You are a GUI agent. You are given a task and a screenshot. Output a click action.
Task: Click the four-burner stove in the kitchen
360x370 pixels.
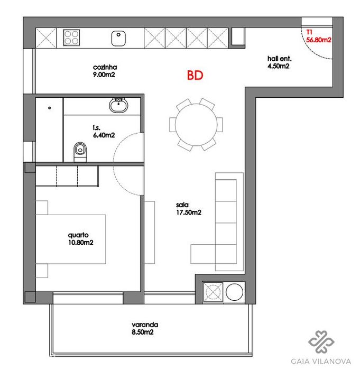click(71, 38)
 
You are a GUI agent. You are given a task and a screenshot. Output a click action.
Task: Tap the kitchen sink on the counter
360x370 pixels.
click(118, 38)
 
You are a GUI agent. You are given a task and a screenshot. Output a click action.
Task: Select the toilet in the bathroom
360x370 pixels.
click(80, 152)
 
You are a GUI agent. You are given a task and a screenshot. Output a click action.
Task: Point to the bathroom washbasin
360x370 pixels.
click(118, 105)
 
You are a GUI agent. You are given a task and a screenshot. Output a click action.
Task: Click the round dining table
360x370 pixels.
click(196, 125)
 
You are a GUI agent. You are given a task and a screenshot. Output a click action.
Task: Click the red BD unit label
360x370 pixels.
click(195, 75)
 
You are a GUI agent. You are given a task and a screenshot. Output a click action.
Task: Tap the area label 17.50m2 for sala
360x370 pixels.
click(189, 212)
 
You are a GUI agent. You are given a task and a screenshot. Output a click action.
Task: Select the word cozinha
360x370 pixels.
click(105, 67)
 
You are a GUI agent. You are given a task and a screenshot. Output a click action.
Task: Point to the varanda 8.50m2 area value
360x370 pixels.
click(143, 332)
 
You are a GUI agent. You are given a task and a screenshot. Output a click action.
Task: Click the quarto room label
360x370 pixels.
click(78, 235)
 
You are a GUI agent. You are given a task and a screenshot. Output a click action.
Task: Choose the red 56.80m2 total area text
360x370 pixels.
click(319, 40)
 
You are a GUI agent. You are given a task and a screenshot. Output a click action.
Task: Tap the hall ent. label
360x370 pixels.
click(279, 59)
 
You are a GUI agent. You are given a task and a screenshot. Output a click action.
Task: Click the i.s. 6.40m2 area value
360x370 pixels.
click(104, 135)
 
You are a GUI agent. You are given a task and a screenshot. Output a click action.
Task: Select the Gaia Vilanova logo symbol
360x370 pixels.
click(321, 341)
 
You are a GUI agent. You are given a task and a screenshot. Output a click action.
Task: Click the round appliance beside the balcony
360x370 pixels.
click(234, 292)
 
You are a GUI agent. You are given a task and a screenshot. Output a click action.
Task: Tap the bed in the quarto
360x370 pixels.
click(71, 239)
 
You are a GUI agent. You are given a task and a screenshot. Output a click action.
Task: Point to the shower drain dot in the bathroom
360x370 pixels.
click(49, 108)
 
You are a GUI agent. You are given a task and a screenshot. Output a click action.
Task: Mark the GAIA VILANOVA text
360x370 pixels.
click(321, 361)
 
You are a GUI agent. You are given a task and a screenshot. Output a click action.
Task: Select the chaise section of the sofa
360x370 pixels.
click(203, 254)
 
